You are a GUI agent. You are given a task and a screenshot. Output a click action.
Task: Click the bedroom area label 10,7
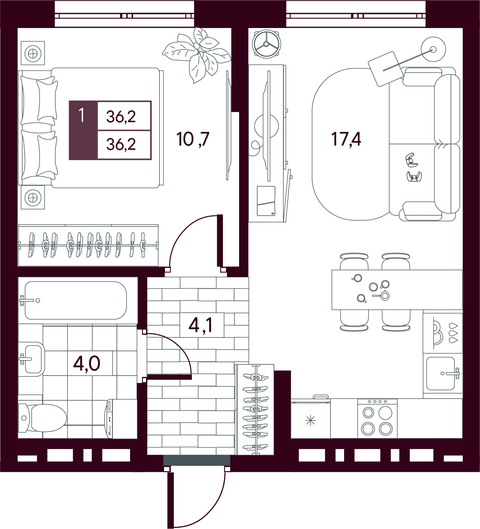tap(193, 139)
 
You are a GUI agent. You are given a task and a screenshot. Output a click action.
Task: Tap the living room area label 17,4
tap(346, 139)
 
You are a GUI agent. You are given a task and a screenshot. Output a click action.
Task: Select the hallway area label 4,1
tap(201, 326)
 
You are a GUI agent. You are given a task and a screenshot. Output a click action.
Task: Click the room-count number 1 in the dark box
tap(82, 115)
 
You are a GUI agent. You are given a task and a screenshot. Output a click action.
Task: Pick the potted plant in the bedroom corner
tap(197, 55)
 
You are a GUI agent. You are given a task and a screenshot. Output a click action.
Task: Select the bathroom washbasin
tap(32, 359)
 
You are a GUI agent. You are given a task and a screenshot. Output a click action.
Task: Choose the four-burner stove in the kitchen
tap(377, 419)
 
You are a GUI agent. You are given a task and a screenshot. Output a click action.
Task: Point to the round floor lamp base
tap(433, 49)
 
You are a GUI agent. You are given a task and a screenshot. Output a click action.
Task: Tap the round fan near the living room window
tap(266, 44)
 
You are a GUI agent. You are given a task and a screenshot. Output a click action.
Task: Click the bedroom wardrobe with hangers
tap(88, 245)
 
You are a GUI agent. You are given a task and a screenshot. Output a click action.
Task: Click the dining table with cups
tap(397, 290)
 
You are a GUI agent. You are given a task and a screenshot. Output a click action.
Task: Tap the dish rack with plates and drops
tap(443, 333)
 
